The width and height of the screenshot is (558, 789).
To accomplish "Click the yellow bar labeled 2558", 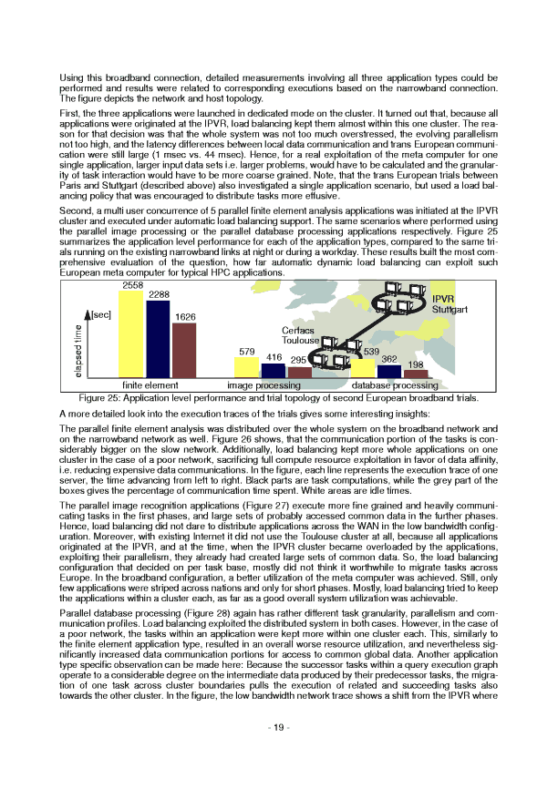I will tap(131, 334).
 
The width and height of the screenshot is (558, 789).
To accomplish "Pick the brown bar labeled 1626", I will tap(184, 350).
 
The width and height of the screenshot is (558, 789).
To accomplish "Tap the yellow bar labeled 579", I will tap(247, 367).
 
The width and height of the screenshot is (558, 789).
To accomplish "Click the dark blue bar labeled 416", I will tap(273, 371).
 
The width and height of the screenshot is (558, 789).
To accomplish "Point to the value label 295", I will tap(298, 361).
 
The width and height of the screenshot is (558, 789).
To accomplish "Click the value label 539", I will tap(371, 352).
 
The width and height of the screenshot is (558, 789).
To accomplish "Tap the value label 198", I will tap(415, 364).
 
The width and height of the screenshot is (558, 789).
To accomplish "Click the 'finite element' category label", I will tap(150, 385).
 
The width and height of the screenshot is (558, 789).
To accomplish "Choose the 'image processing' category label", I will tap(264, 385).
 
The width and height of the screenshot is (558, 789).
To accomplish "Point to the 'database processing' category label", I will tap(394, 385).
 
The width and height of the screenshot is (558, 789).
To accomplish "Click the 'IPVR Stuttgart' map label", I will tap(449, 304).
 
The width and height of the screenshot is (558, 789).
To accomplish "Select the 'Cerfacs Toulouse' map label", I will tap(300, 335).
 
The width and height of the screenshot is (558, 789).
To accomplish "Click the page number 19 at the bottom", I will tap(279, 752).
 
